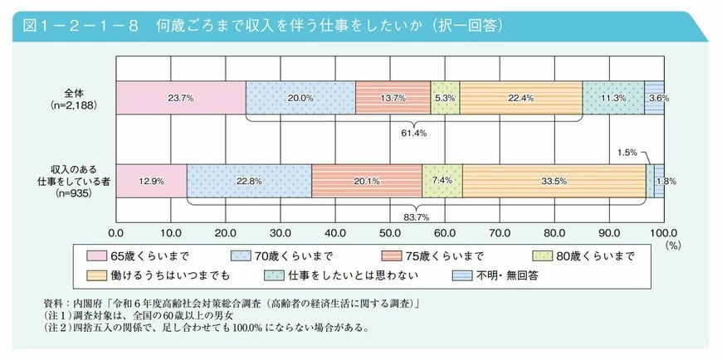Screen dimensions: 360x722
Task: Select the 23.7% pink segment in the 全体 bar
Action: (181, 98)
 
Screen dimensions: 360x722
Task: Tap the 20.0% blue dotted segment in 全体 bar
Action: (300, 98)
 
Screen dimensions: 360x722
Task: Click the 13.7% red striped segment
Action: (393, 98)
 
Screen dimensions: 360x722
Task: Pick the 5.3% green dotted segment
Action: (445, 98)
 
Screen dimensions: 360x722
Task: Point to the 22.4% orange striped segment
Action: (520, 98)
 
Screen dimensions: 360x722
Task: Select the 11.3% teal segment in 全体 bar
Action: (613, 98)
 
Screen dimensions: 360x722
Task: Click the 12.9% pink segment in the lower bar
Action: (151, 181)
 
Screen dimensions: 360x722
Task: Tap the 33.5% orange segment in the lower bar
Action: (554, 181)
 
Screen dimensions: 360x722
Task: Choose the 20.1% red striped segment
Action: (367, 181)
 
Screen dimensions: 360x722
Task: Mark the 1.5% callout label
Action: (627, 153)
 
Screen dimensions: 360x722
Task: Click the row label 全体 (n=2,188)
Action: (73, 98)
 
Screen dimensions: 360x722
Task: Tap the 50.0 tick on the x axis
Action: (390, 233)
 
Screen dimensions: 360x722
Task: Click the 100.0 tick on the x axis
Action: (664, 233)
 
